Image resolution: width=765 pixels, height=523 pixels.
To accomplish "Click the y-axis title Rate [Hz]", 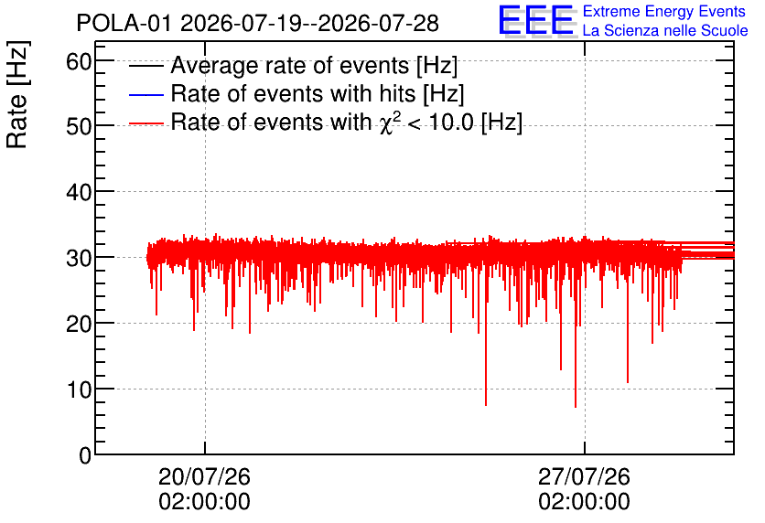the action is coord(17,94).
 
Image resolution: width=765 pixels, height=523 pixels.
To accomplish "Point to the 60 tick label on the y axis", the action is coord(79,62).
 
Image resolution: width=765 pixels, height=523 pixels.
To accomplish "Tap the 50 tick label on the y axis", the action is coord(79,127).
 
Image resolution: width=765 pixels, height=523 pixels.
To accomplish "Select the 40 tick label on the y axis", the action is coord(79,193).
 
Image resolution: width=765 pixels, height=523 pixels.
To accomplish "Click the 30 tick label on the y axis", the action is coord(79,259).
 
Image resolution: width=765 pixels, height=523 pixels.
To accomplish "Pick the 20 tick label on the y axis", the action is coord(79,324).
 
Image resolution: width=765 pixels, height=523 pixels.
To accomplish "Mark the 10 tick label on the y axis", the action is coord(79,390).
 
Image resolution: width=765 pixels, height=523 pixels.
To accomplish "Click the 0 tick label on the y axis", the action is coord(85,455).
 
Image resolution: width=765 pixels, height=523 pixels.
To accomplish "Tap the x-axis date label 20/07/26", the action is coord(204,476).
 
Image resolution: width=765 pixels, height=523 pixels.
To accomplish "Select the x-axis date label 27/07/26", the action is coord(584,476).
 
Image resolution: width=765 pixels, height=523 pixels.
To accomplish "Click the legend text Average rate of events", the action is coord(290,65).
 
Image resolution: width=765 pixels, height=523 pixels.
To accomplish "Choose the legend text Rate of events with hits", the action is coord(293,93).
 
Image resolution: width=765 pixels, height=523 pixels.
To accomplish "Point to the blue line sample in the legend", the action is coord(145,94).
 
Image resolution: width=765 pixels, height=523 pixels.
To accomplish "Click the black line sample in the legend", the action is coord(145,66).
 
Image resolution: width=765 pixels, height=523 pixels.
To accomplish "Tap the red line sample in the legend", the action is coord(145,123).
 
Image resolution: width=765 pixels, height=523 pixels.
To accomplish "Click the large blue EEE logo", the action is coord(536,21).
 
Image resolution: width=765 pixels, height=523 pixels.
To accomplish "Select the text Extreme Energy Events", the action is coord(664,11).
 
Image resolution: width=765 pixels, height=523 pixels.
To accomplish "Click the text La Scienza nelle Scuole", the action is coord(665,30).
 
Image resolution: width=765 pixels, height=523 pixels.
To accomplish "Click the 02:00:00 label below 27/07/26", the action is coord(584,502).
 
